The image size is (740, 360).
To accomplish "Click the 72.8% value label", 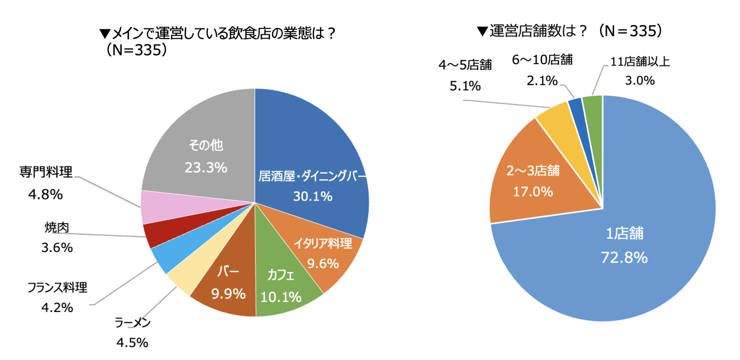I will [624, 257].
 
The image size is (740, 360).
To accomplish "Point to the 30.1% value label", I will [313, 196].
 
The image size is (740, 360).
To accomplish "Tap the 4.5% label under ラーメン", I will [132, 342].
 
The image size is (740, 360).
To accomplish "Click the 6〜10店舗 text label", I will [542, 60].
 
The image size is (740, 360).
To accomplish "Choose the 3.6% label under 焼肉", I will [57, 247].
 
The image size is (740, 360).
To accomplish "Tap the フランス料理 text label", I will [57, 288].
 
